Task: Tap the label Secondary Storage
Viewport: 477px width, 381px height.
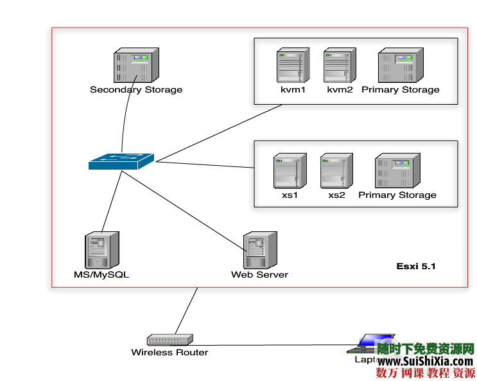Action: click(x=136, y=90)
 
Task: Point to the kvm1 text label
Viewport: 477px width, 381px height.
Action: click(x=293, y=90)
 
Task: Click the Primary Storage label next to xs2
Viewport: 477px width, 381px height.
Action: click(x=397, y=195)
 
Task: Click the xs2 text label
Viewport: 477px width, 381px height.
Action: click(x=336, y=195)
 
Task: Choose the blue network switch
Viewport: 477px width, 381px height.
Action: click(x=121, y=161)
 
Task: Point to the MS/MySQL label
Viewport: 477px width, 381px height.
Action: click(x=101, y=275)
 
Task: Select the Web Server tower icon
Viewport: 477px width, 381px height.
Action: click(x=260, y=250)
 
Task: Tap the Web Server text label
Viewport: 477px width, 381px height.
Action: click(x=259, y=275)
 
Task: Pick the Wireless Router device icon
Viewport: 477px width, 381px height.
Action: click(x=169, y=340)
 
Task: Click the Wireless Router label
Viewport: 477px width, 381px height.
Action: click(x=169, y=352)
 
